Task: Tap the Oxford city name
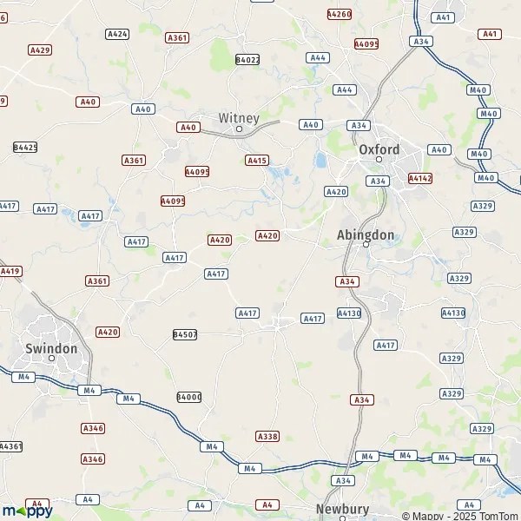(379, 149)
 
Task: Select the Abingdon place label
(366, 234)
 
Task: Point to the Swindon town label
(51, 348)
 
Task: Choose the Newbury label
(342, 510)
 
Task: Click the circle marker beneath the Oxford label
(379, 160)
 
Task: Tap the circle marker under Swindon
(51, 358)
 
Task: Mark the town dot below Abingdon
(366, 245)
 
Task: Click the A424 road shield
(117, 34)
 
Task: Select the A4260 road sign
(339, 14)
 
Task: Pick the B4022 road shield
(247, 60)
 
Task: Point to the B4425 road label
(25, 148)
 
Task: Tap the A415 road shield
(257, 160)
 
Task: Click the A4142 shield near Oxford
(420, 178)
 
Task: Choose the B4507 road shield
(185, 334)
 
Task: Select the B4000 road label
(188, 397)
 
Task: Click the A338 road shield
(267, 436)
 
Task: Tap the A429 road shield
(40, 50)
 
